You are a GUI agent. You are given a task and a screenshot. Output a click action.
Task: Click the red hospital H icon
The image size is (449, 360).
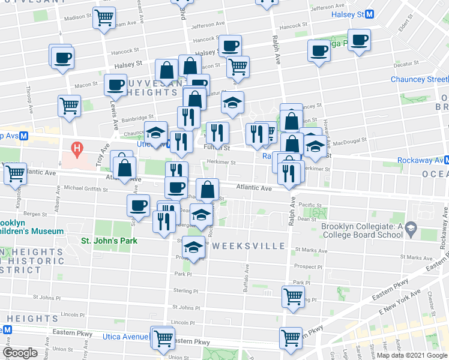point(76,147)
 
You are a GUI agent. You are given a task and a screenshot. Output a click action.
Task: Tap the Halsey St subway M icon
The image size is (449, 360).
point(370,14)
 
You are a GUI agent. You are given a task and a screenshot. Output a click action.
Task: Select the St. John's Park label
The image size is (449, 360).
point(109,241)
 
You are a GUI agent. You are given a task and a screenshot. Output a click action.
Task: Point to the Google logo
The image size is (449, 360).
point(20,353)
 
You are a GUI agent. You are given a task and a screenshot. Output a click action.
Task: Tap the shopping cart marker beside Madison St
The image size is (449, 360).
point(104,17)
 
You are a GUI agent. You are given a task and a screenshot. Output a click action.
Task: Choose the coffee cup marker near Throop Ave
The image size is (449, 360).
point(62,58)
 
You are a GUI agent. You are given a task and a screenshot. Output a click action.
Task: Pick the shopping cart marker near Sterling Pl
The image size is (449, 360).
point(293,296)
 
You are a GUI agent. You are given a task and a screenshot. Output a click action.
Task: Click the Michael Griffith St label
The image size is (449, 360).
point(84,188)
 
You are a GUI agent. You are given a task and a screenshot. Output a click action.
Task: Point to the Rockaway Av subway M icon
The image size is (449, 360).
point(446,160)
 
